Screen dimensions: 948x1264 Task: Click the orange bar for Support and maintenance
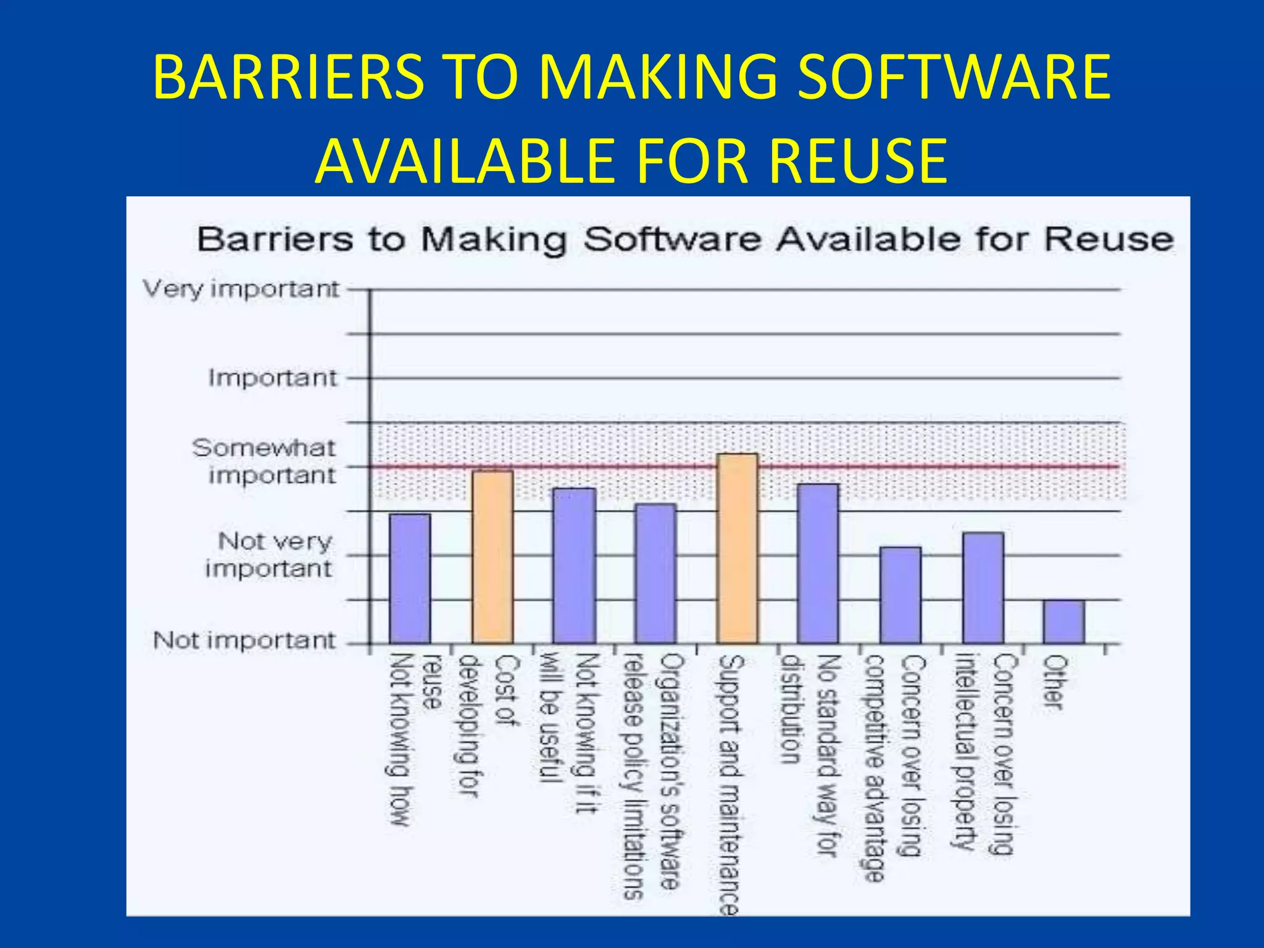point(737,549)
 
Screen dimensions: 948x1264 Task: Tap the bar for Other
point(1063,622)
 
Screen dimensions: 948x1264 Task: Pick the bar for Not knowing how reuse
point(409,579)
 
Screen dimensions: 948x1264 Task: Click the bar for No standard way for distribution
point(818,564)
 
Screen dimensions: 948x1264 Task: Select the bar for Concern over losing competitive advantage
point(900,596)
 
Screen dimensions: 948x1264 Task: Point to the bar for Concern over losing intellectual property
point(983,588)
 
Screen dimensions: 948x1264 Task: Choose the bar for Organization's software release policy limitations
point(655,574)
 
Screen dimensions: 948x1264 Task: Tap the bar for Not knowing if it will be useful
point(574,566)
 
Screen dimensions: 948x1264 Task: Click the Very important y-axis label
point(241,289)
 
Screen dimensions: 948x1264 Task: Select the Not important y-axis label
point(244,640)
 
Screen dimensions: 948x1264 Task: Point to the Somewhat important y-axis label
point(264,462)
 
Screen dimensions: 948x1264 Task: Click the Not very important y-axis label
point(270,554)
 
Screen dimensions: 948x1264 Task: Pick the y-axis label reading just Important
point(272,378)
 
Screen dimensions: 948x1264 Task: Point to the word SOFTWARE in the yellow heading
point(954,77)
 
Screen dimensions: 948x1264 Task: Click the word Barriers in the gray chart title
point(275,239)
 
